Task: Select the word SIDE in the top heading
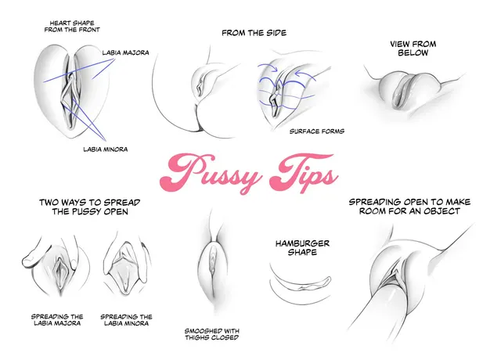coord(274,33)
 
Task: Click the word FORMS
coord(332,131)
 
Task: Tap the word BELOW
coord(413,54)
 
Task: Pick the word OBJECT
coord(442,211)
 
